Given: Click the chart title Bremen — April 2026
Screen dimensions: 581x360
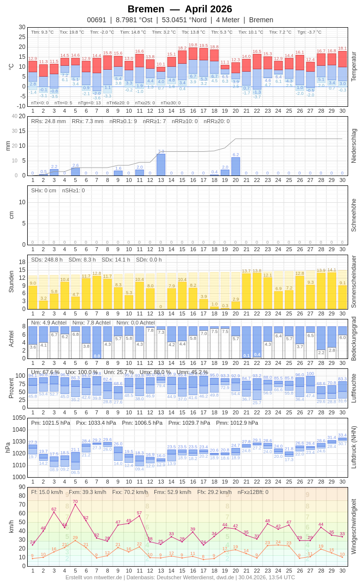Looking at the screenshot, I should (180, 9).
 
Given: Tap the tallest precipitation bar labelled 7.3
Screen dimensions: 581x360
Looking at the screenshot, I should (161, 165).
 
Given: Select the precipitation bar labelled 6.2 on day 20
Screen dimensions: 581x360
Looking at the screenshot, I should (235, 166).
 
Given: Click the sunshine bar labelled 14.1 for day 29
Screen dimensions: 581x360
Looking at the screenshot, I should (331, 290).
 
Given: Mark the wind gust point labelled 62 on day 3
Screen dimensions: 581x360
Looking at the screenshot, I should (54, 512).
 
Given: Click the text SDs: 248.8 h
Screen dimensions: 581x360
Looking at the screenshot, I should (47, 260).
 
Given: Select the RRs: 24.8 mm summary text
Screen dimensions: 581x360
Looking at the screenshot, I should (48, 121).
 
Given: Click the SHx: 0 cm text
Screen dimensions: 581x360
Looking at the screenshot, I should (44, 190).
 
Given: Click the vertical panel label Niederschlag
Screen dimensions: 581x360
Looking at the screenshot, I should (354, 146).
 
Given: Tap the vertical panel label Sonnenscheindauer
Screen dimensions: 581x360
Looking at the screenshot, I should (354, 281).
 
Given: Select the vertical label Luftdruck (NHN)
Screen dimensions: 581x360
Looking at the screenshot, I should (354, 447).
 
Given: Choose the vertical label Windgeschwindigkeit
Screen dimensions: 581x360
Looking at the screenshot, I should (354, 526).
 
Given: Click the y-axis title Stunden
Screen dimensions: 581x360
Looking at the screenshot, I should (11, 281).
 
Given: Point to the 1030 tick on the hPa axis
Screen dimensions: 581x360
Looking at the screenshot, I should (19, 442).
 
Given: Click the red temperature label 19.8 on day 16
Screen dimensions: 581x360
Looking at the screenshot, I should (193, 45).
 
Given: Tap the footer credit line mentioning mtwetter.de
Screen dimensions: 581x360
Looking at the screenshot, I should (180, 577).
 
